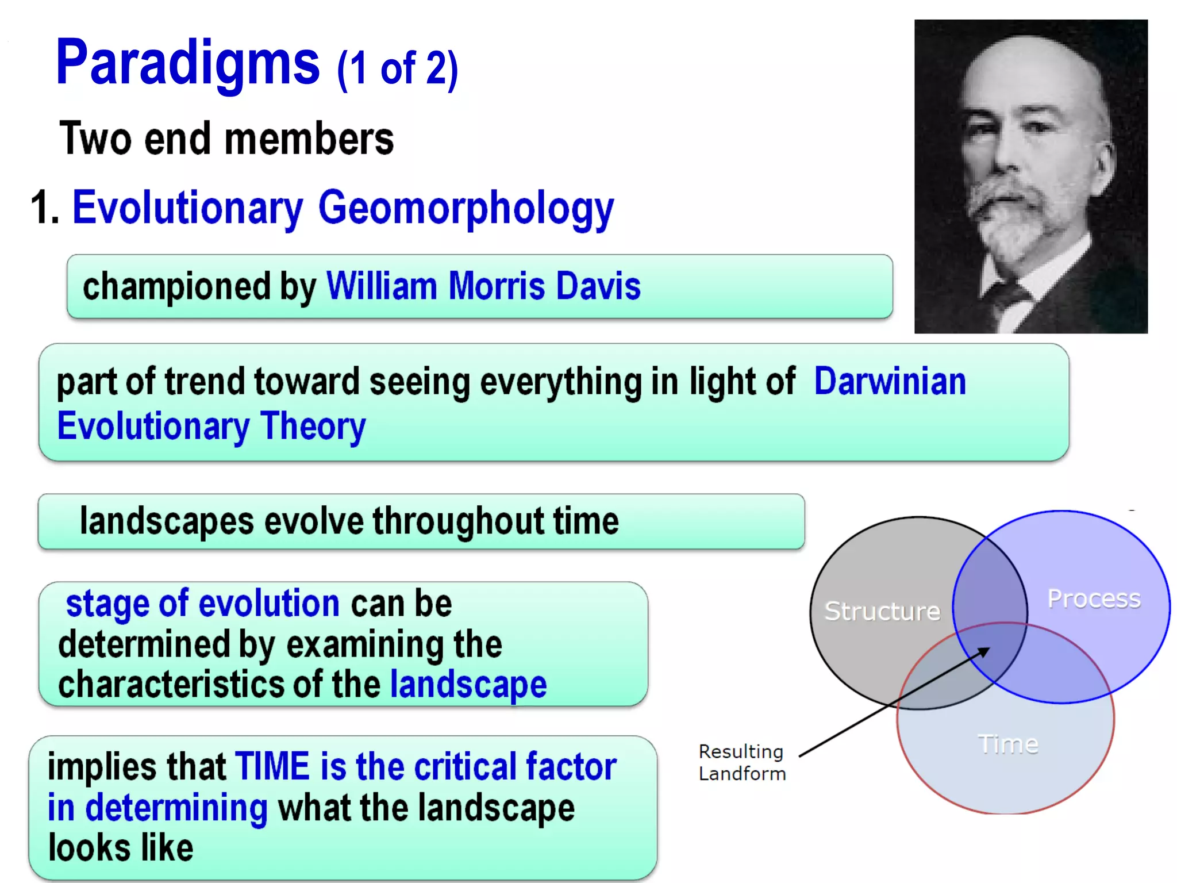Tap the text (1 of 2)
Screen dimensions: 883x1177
[398, 69]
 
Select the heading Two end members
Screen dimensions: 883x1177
[226, 139]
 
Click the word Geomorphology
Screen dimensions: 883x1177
[466, 208]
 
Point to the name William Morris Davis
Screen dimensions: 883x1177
[483, 286]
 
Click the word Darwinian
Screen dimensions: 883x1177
[890, 382]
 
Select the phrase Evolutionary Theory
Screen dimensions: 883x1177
[211, 427]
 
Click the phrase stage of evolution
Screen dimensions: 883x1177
[202, 604]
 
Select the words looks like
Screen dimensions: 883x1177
[121, 848]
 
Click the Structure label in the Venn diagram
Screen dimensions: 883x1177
[882, 611]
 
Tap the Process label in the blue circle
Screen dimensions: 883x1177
[1093, 599]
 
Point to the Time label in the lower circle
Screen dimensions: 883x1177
[1008, 744]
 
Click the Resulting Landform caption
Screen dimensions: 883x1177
[741, 762]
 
